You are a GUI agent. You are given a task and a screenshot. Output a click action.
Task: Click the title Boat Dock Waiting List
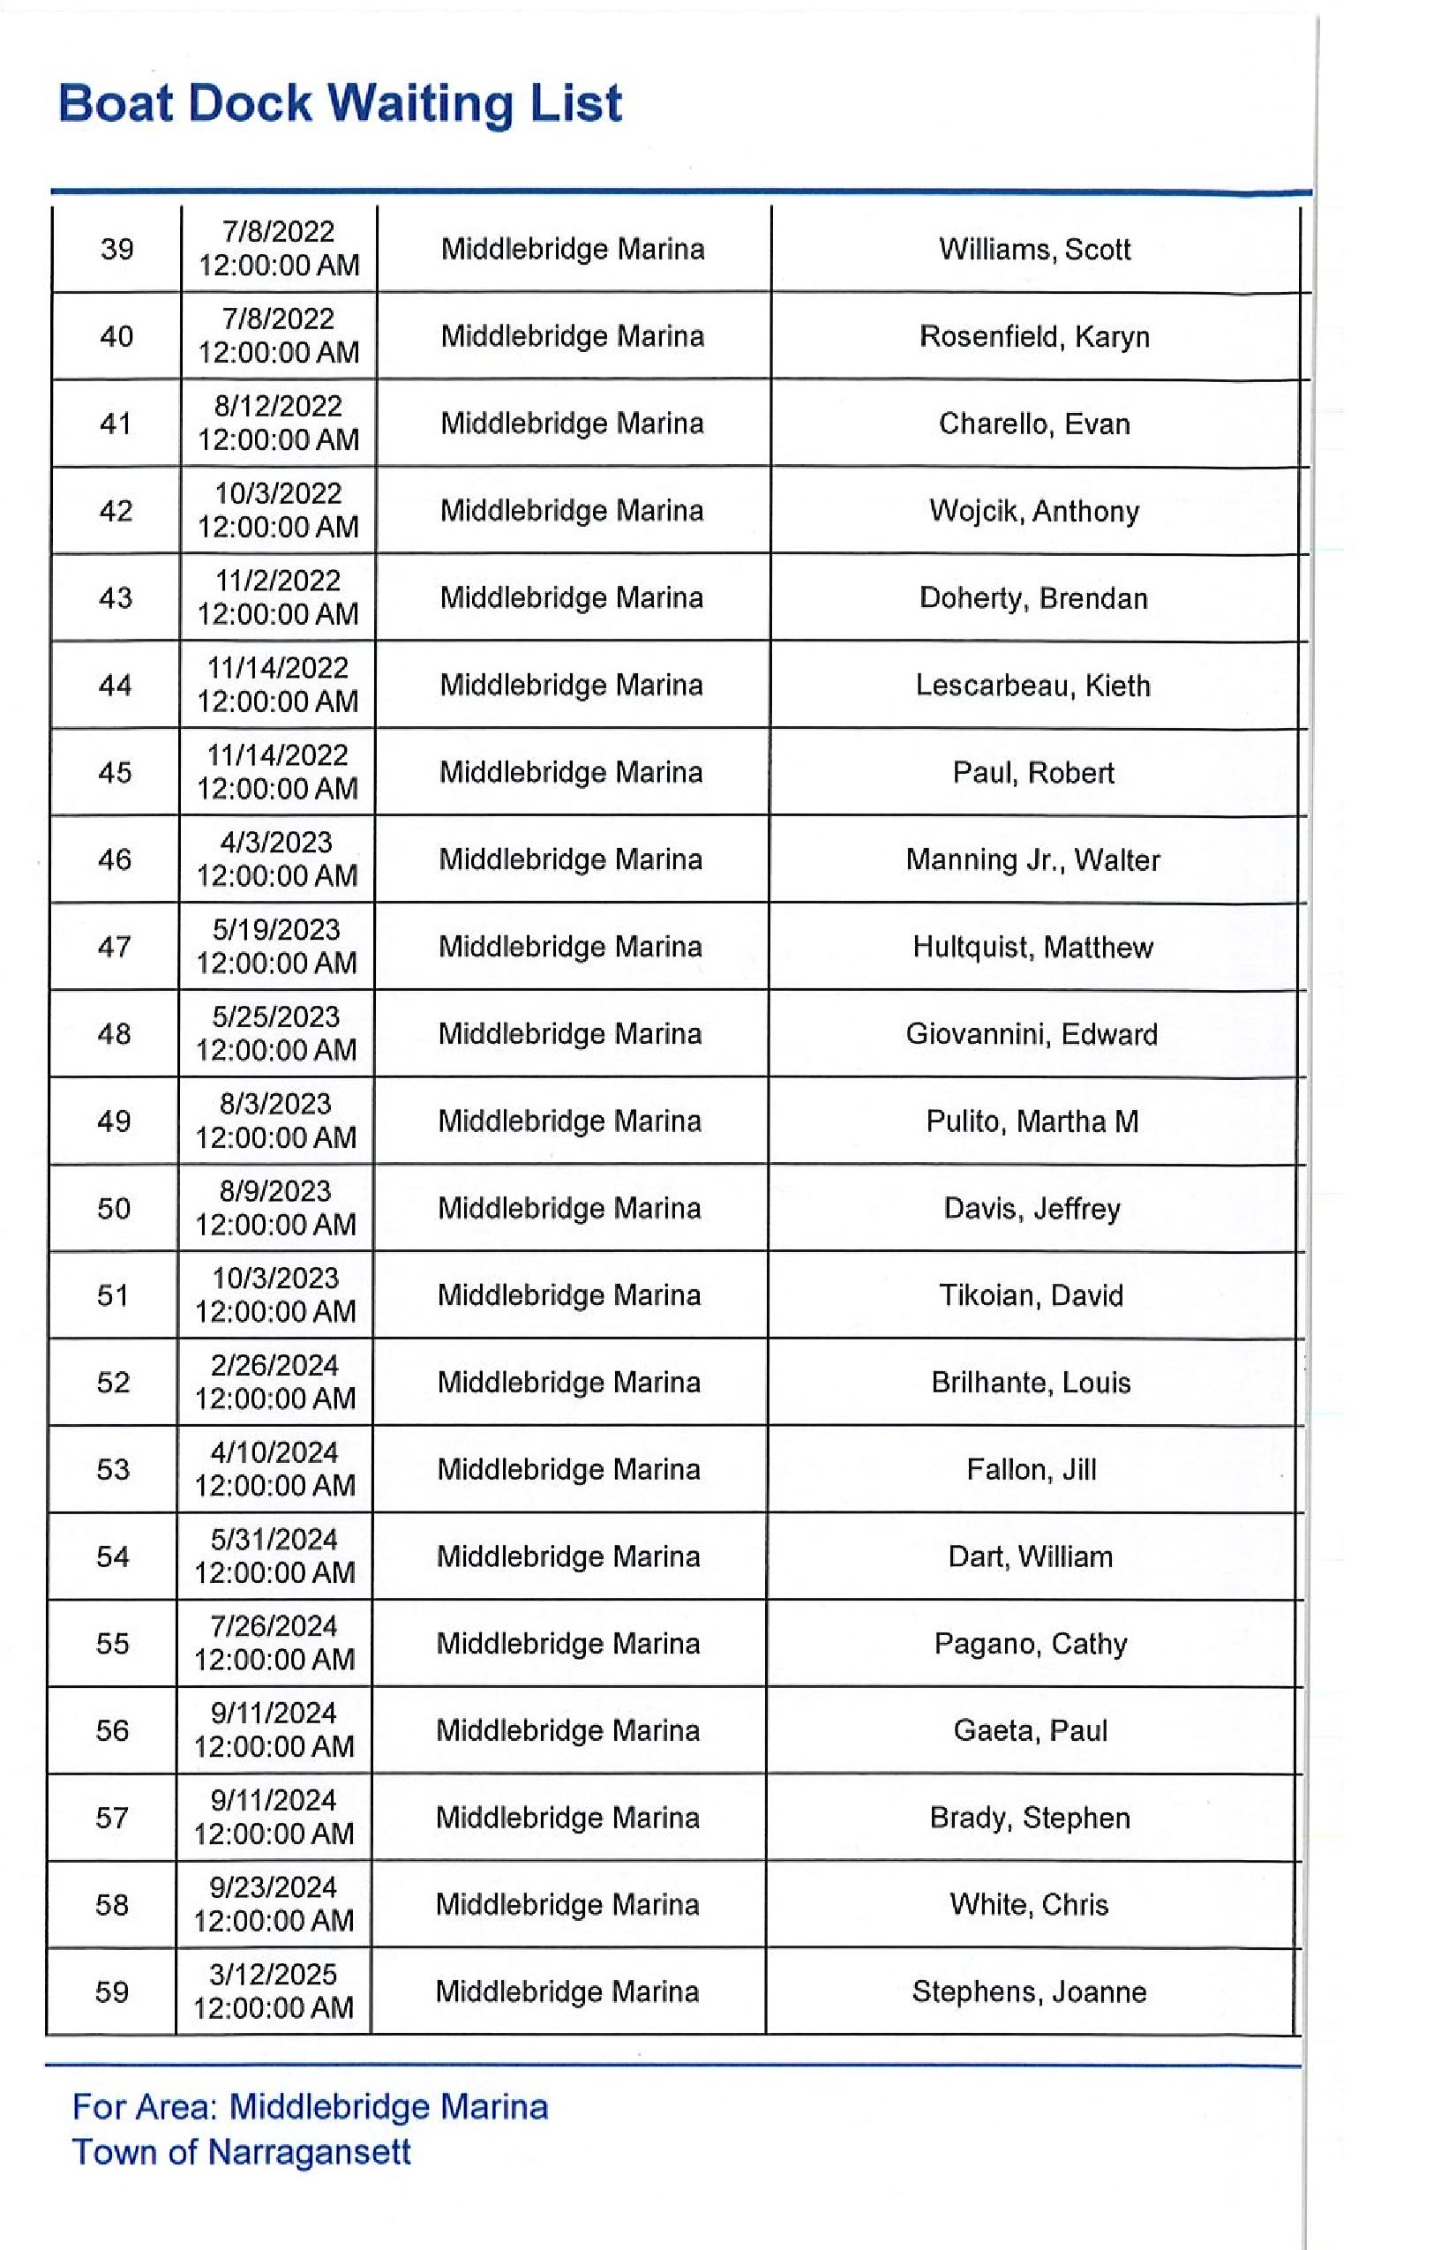coord(340,103)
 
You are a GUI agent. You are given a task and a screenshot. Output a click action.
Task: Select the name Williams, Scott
coord(1034,250)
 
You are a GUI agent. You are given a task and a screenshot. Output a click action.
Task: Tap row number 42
coord(116,512)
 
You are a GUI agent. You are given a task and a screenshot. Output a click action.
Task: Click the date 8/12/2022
coord(278,407)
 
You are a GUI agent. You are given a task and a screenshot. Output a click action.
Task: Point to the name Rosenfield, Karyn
coord(1034,336)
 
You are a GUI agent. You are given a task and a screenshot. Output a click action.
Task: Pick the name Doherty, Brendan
coord(1033,598)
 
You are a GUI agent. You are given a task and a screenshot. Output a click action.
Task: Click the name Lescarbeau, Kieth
coord(1032,686)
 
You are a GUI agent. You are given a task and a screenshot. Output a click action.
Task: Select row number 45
coord(115,772)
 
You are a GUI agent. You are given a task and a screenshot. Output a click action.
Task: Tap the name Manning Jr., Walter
coord(1032,860)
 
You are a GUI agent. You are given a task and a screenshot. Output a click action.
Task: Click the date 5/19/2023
coord(276,930)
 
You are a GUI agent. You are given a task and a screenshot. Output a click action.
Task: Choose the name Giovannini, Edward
coord(1032,1034)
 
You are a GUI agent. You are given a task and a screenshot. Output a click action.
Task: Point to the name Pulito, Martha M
coord(1032,1121)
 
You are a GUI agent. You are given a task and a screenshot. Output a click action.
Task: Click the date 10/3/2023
coord(275,1279)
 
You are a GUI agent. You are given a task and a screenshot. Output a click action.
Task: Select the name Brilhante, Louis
coord(1031,1384)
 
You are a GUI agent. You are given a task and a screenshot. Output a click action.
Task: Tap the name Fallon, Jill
coord(1031,1470)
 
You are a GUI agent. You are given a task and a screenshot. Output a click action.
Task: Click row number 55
coord(113,1644)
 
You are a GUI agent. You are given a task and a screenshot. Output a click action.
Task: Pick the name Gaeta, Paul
coord(1030,1731)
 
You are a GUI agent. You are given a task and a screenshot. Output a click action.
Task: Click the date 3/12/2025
coord(274,1975)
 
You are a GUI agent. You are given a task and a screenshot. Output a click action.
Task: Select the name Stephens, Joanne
coord(1029,1993)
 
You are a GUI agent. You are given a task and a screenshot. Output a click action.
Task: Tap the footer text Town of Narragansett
coord(241,2153)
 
